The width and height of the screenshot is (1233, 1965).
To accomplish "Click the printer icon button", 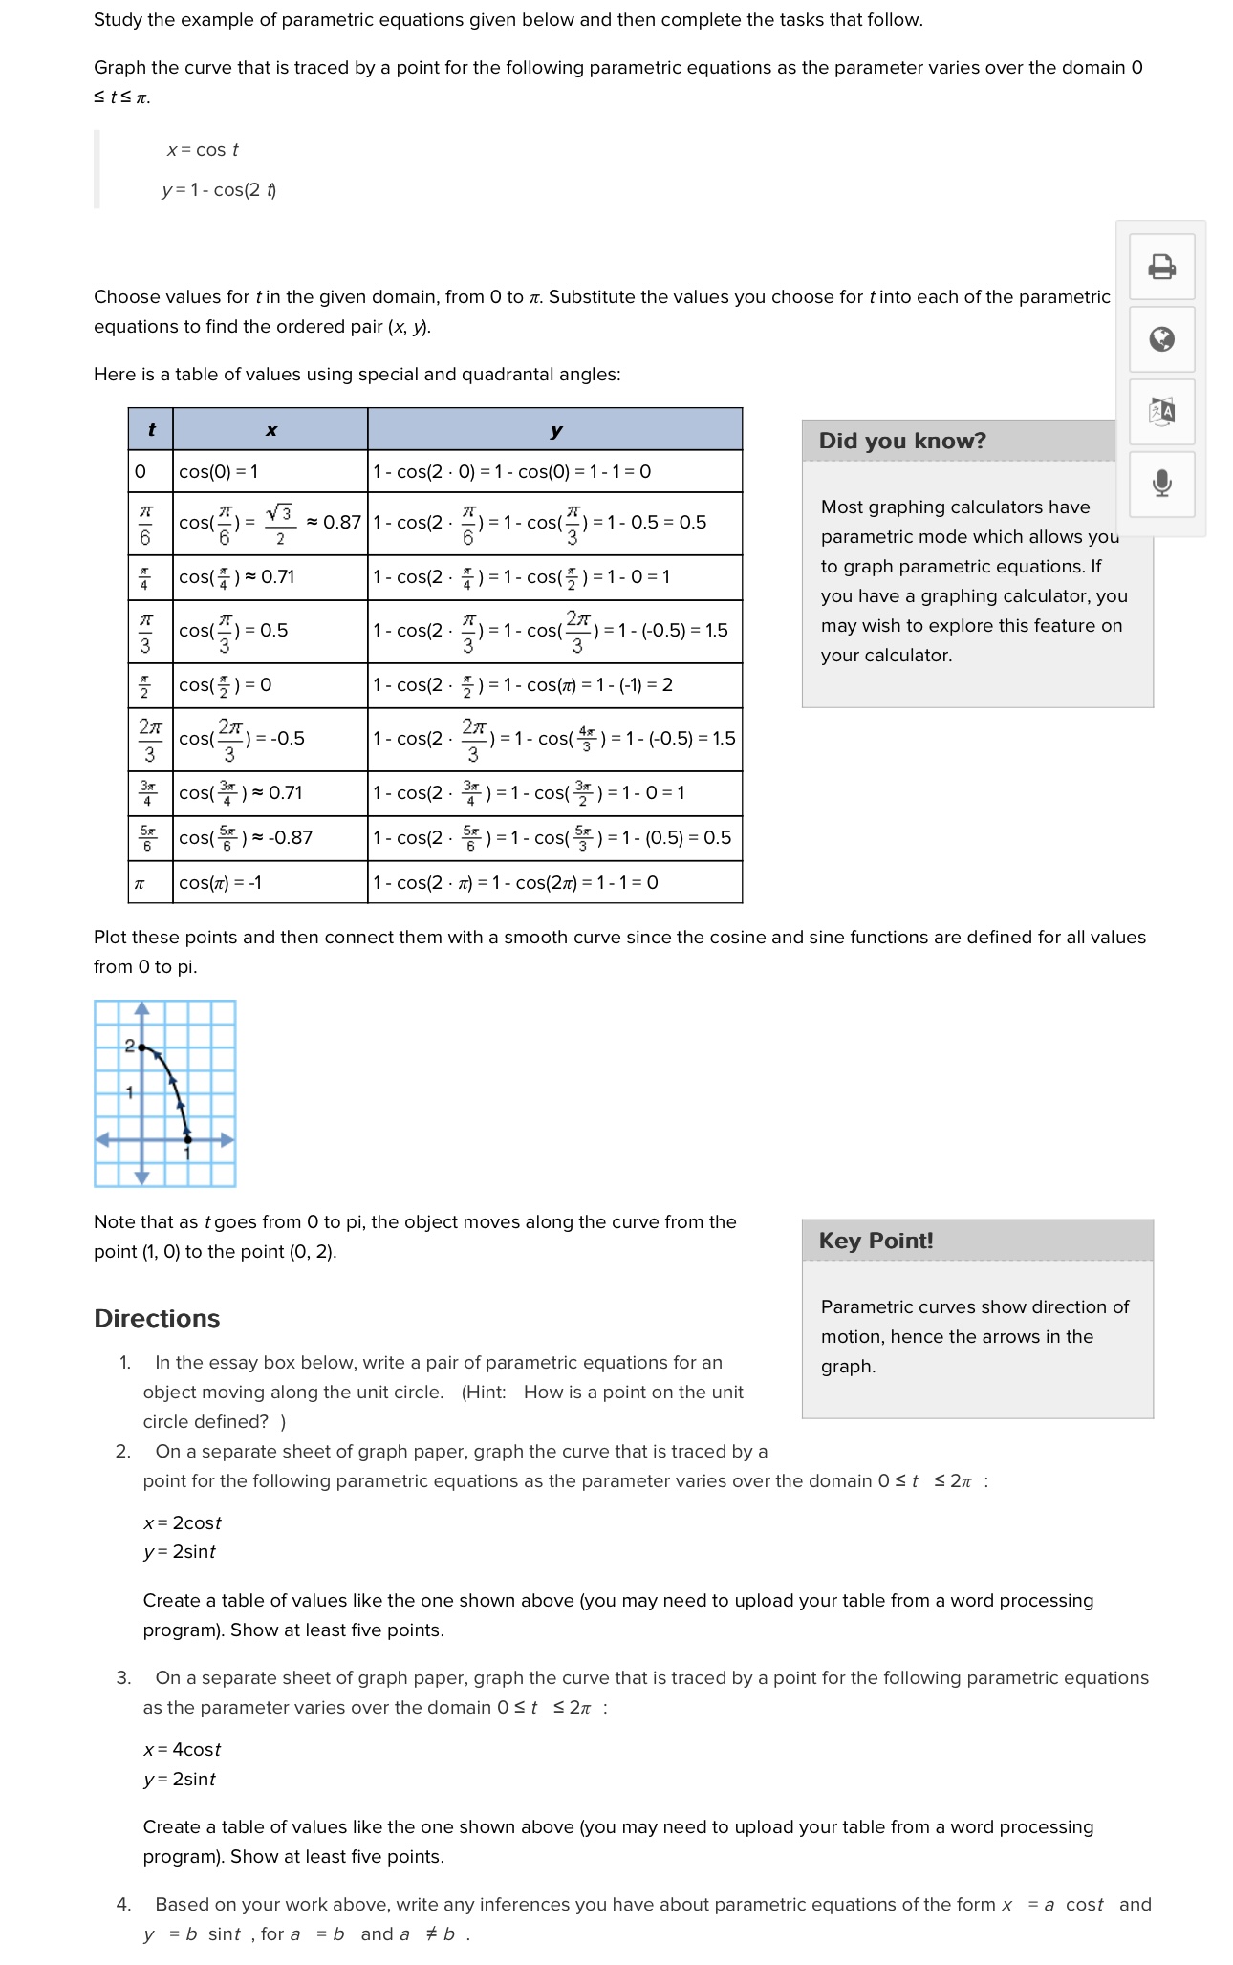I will click(x=1161, y=267).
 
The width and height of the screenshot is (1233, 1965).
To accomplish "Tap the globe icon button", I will click(x=1161, y=339).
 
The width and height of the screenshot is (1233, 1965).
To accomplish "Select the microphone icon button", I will click(x=1161, y=484).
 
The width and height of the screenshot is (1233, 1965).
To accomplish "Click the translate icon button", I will click(x=1161, y=412).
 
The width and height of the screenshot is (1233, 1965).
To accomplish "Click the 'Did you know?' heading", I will click(x=901, y=441).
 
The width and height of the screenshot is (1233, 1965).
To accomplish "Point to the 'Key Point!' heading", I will click(x=876, y=1241).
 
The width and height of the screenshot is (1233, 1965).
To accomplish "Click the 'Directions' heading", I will click(x=157, y=1318).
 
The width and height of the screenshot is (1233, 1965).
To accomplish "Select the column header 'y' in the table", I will click(x=555, y=430).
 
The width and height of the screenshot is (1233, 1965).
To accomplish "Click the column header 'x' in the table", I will click(x=270, y=430).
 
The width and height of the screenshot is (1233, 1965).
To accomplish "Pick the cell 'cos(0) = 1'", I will click(x=219, y=471).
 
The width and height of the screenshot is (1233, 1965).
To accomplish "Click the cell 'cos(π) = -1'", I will click(x=221, y=882).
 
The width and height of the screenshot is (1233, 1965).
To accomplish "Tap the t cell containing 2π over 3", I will click(x=150, y=739).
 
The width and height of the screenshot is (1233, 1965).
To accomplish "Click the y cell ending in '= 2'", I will click(x=523, y=685).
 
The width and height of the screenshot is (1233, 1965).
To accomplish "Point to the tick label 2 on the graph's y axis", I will click(x=129, y=1047).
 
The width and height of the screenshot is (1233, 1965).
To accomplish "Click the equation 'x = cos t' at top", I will click(x=203, y=150).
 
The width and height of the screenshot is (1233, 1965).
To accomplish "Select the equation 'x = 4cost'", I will click(x=182, y=1749).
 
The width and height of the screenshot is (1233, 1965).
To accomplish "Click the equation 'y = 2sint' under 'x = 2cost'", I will click(x=180, y=1551).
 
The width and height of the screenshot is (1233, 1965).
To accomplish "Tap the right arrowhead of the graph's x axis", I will click(x=227, y=1139).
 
